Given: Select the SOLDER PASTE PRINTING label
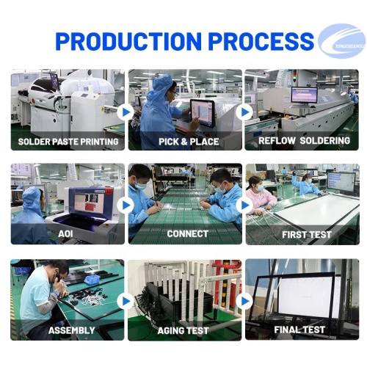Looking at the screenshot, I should (x=68, y=141).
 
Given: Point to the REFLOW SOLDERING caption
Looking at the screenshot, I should (x=304, y=140).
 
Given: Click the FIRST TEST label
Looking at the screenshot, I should (x=306, y=235).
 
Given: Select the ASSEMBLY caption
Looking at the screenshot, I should (x=71, y=330).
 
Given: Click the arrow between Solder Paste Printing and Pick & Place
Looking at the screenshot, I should (x=126, y=112).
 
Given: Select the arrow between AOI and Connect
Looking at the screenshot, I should (x=126, y=206).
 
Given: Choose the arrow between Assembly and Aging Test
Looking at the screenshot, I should (x=126, y=301).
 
